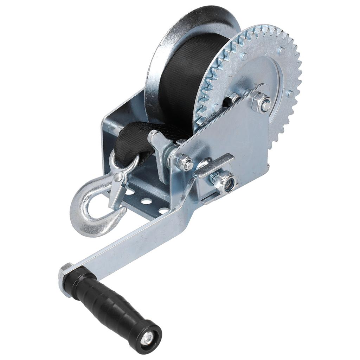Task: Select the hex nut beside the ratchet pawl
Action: coord(184,162)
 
